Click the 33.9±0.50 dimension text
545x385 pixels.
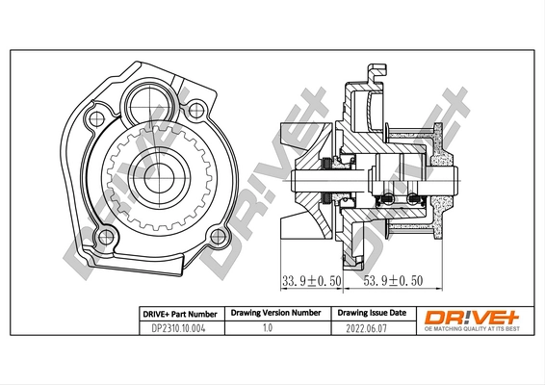click(310, 283)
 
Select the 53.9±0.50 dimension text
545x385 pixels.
click(394, 283)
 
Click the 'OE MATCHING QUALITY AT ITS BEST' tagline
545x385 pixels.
click(470, 329)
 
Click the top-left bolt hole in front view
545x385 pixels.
click(94, 120)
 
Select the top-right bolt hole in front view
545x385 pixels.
click(198, 109)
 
